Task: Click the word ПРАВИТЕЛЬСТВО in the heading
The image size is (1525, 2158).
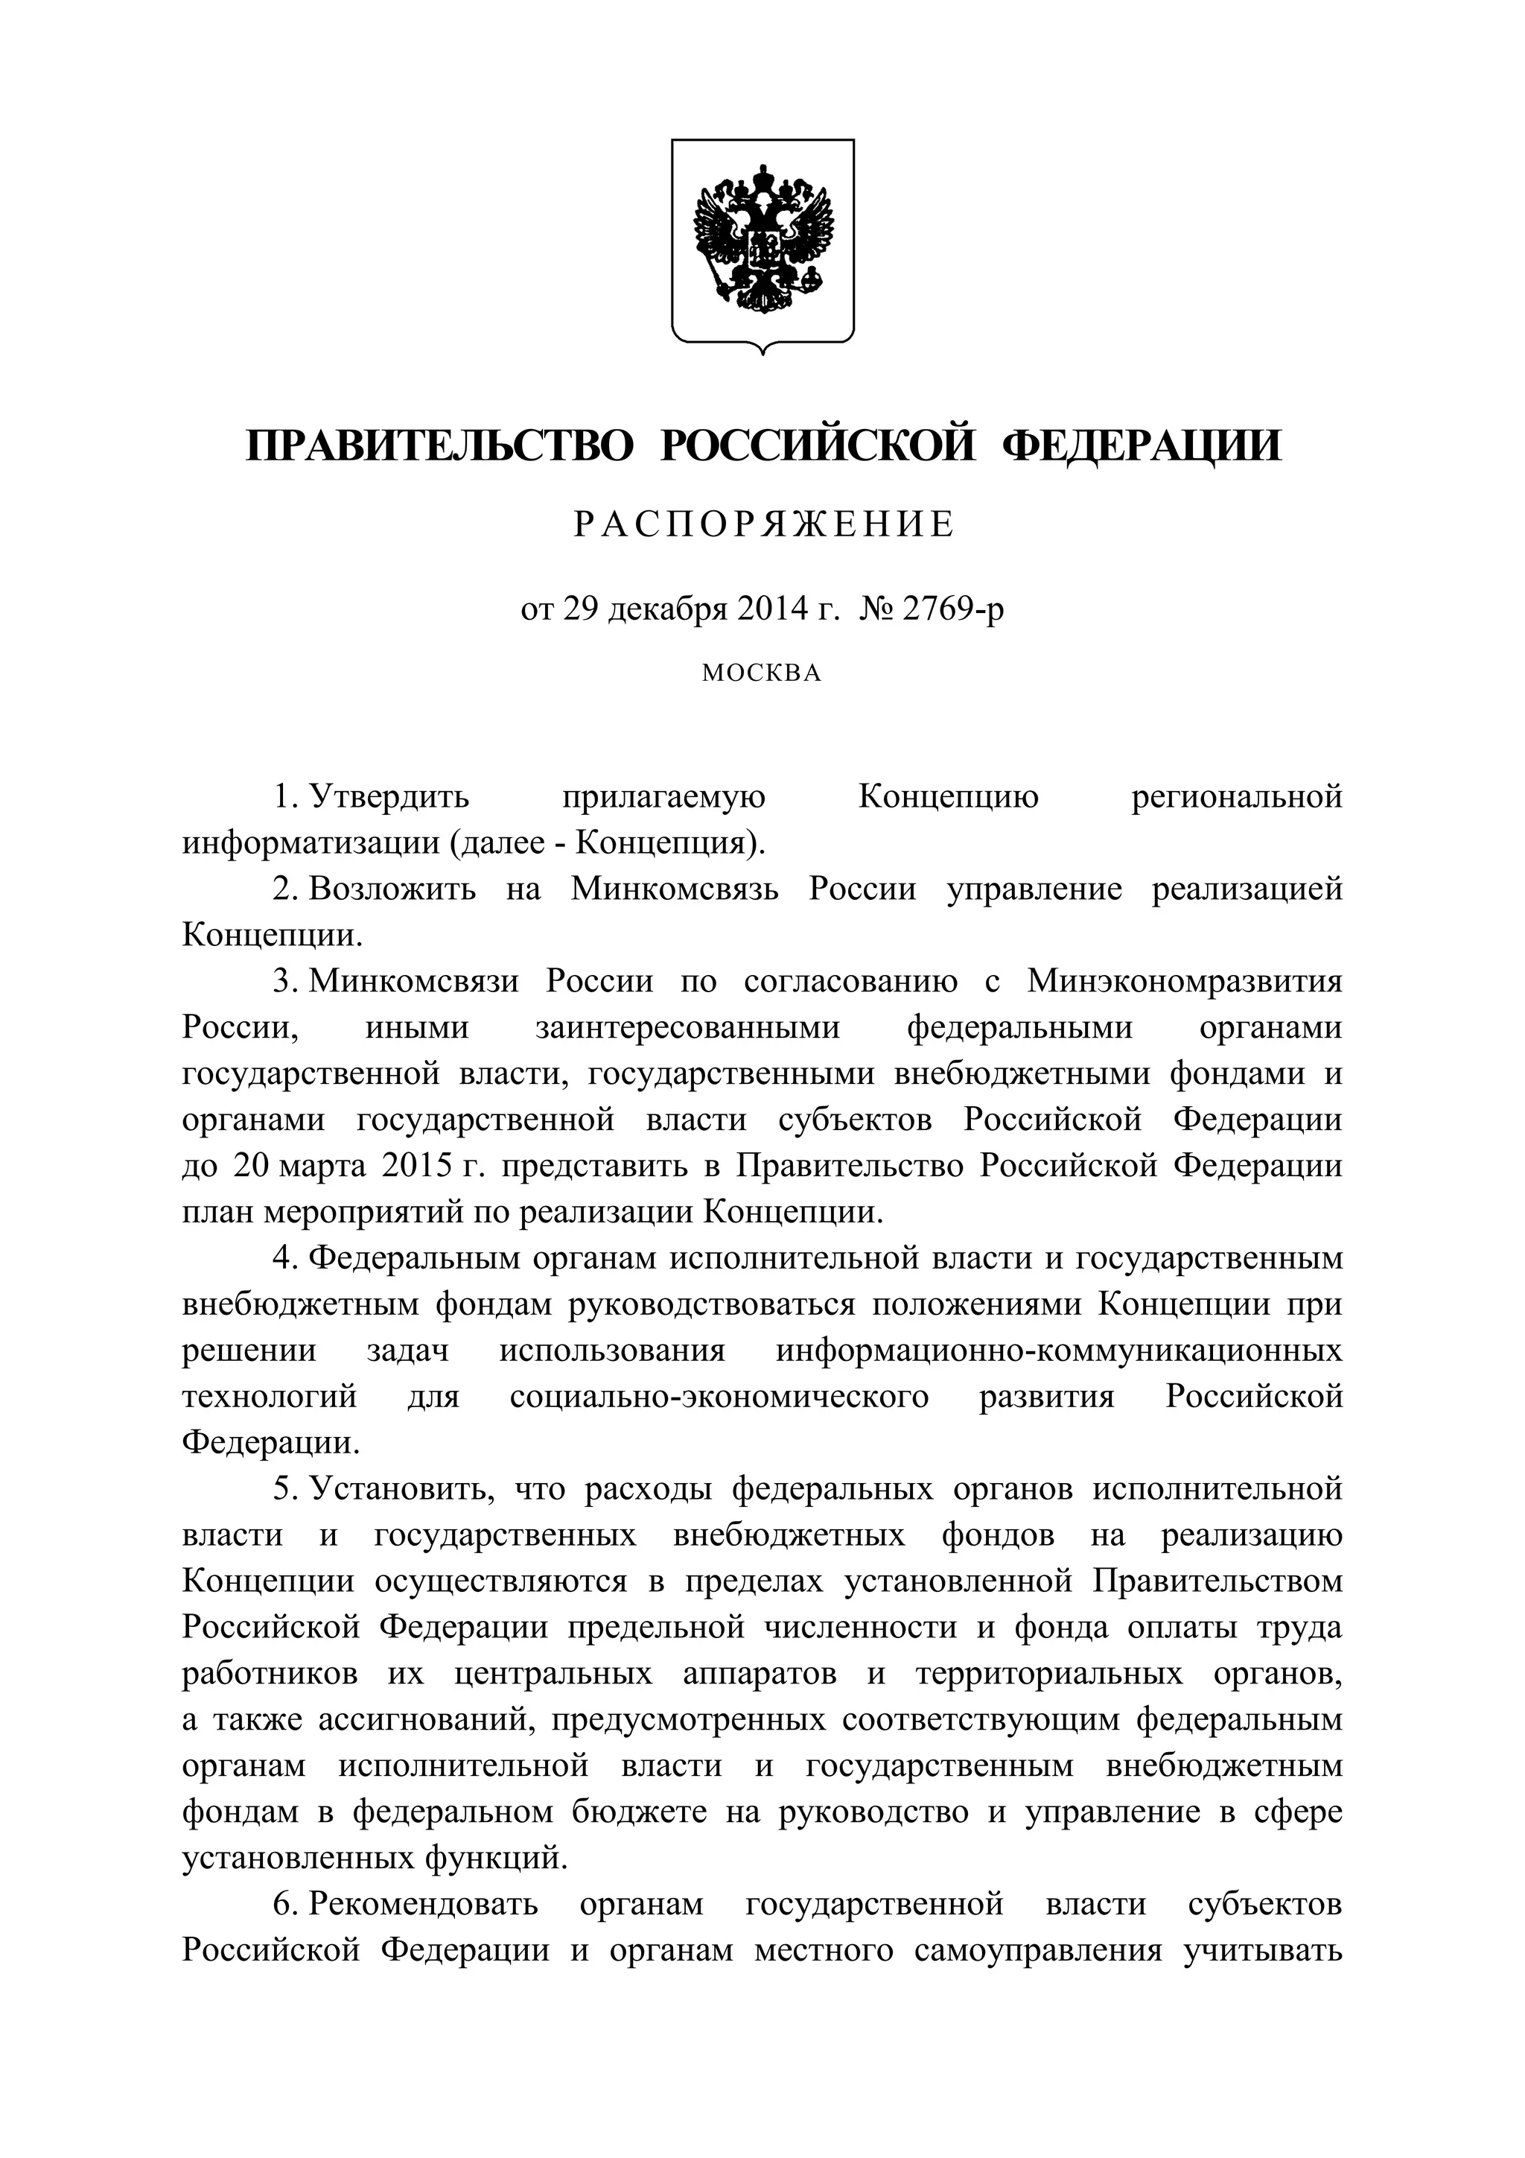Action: pos(440,445)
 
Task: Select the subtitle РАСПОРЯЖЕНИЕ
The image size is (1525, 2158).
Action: pos(764,524)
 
